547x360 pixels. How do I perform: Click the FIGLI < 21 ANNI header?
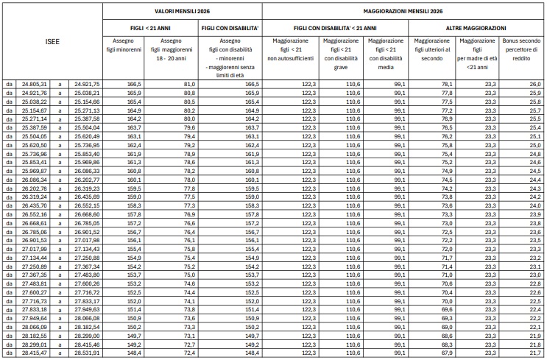tap(152, 27)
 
